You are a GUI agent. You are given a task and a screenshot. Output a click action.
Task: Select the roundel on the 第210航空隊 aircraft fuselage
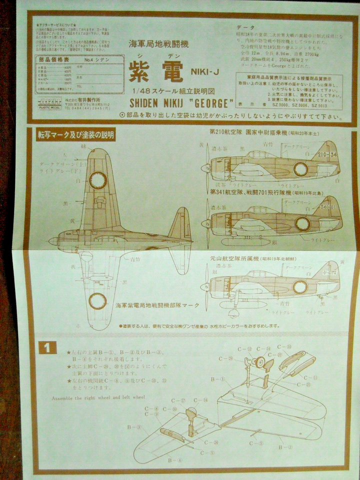coord(300,169)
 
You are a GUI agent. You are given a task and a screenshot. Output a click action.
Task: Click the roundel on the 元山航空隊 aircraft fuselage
coord(300,286)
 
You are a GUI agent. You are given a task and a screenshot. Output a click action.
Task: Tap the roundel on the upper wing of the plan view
coord(98,178)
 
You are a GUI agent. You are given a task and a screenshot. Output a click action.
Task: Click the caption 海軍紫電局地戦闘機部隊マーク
coord(157,305)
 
